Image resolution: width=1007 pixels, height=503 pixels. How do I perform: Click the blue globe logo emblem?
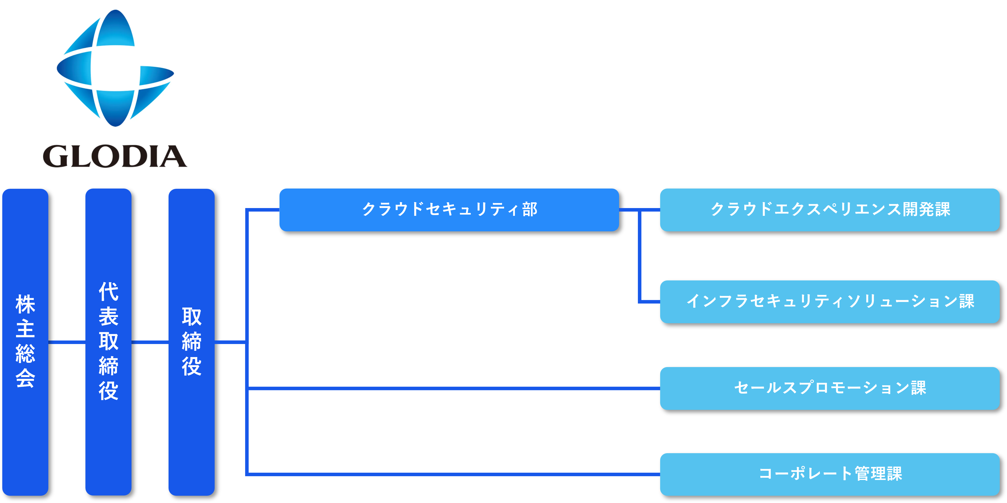(115, 68)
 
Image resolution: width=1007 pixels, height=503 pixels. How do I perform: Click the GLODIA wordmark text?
(115, 156)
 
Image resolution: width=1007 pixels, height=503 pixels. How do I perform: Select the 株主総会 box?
(25, 342)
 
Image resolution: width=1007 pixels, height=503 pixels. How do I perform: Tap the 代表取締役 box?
(108, 342)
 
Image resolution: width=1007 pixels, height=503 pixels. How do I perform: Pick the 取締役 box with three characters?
(192, 342)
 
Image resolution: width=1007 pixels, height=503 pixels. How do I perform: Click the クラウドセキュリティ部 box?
(449, 210)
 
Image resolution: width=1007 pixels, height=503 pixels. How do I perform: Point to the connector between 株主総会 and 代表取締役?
(67, 342)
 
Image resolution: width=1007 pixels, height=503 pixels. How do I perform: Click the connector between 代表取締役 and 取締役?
(150, 342)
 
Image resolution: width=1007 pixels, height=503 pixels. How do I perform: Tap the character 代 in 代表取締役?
(108, 292)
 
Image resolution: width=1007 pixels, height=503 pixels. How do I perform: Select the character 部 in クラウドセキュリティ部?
(530, 210)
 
